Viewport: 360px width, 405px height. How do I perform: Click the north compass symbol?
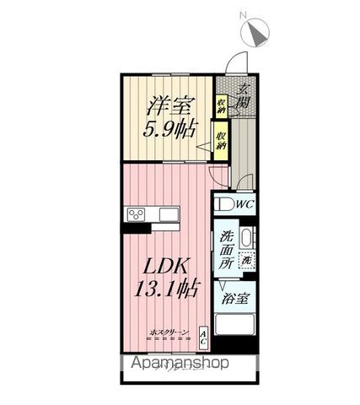[x=254, y=35]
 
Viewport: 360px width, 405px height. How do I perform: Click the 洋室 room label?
[x=167, y=106]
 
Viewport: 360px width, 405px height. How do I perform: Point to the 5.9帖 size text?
[x=167, y=131]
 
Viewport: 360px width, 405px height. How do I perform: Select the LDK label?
[x=166, y=265]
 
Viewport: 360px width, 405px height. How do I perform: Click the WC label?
[x=245, y=203]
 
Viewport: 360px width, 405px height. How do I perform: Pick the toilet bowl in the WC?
[x=223, y=203]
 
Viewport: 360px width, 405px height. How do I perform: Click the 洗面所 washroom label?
[x=228, y=251]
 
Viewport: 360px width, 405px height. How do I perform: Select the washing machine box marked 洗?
[x=246, y=261]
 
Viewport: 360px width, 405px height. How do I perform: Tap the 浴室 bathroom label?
[x=235, y=299]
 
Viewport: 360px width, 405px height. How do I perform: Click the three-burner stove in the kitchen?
[x=137, y=213]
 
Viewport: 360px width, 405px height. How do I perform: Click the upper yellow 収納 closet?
[x=221, y=105]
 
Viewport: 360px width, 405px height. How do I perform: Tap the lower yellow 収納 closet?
[x=221, y=140]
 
